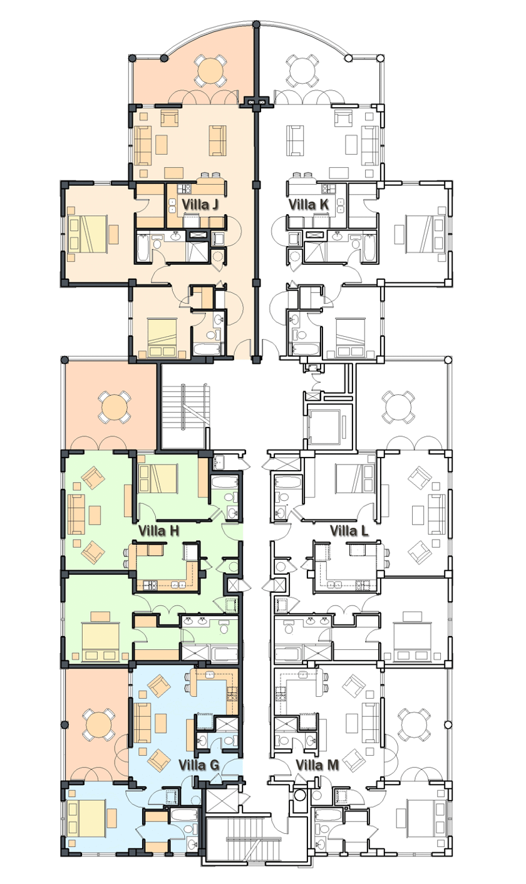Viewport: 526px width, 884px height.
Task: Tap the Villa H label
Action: (x=158, y=531)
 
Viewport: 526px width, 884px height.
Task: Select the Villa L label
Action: (x=349, y=531)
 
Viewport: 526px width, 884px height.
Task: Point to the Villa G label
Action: (x=199, y=764)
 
